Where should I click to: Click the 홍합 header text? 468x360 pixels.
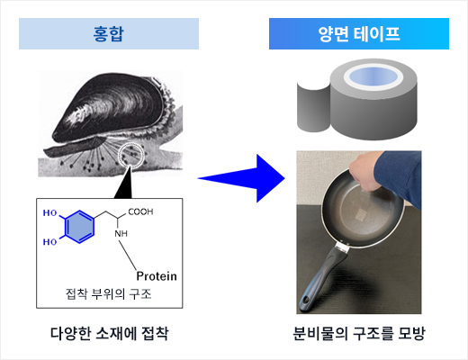pos(108,34)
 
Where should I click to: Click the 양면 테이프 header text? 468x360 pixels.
pos(359,34)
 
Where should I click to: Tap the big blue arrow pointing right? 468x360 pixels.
pos(241,178)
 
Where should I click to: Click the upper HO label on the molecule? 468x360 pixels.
pos(49,213)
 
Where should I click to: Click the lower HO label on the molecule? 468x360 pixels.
pos(49,242)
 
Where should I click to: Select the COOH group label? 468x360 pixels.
pos(140,211)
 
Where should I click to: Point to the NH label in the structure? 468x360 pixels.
pos(121,233)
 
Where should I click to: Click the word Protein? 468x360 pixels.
pos(157,276)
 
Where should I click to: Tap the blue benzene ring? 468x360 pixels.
pos(79,227)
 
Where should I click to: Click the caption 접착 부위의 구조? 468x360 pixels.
pos(109,293)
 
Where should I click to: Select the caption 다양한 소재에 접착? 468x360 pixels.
pos(109,333)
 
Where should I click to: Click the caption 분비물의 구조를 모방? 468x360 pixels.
pos(359,333)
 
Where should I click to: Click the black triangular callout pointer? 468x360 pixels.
pos(124,182)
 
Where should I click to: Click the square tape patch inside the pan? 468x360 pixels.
pos(362,214)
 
